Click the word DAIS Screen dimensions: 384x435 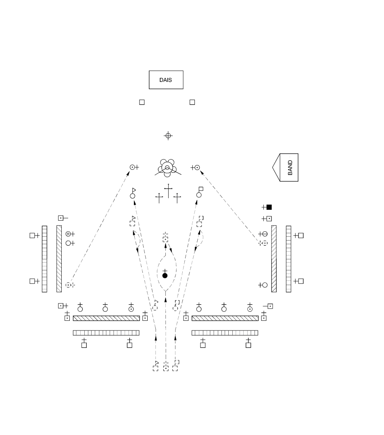165,80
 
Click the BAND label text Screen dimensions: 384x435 290,167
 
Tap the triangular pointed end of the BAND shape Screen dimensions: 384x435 273,167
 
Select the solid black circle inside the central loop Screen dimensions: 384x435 165,276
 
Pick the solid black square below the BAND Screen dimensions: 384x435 269,207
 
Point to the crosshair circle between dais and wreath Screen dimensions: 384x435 168,136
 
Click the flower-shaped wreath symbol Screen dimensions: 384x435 167,168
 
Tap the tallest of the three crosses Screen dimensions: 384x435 168,191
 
